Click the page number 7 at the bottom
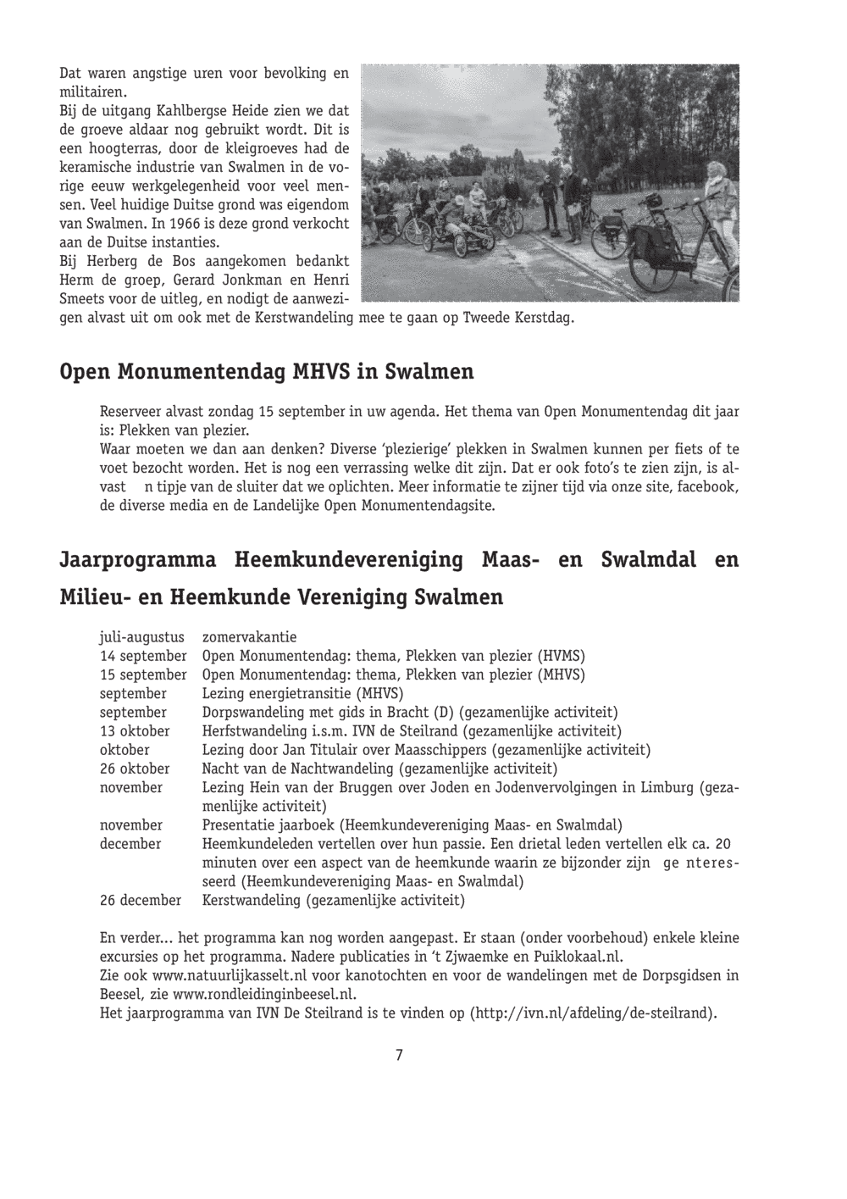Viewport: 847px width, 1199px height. [x=399, y=1055]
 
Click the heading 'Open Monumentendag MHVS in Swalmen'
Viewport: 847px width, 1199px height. [x=267, y=372]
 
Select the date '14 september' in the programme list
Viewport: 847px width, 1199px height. [x=143, y=656]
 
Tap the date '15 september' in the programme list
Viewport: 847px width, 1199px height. [x=143, y=674]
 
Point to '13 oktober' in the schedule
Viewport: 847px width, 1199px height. [x=135, y=730]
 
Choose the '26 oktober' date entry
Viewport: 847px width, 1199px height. [x=135, y=769]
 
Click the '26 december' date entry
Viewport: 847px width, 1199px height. [x=141, y=900]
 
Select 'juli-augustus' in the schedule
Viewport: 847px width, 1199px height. [x=142, y=637]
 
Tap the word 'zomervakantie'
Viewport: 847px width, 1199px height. [x=249, y=637]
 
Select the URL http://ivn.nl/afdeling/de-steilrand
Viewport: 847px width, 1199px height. [x=590, y=1013]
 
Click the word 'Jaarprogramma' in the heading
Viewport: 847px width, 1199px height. [x=137, y=560]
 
